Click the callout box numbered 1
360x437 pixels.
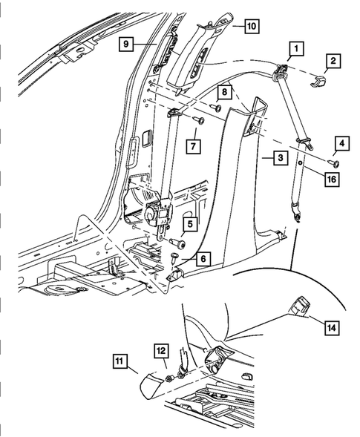pos(295,50)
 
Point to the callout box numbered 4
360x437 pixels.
pos(341,142)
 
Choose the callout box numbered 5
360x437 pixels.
pos(190,223)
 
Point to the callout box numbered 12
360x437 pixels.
pos(163,348)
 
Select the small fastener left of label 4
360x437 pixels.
pos(333,162)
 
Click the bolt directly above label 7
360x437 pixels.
pos(197,119)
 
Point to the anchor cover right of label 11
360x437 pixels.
pos(153,382)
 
